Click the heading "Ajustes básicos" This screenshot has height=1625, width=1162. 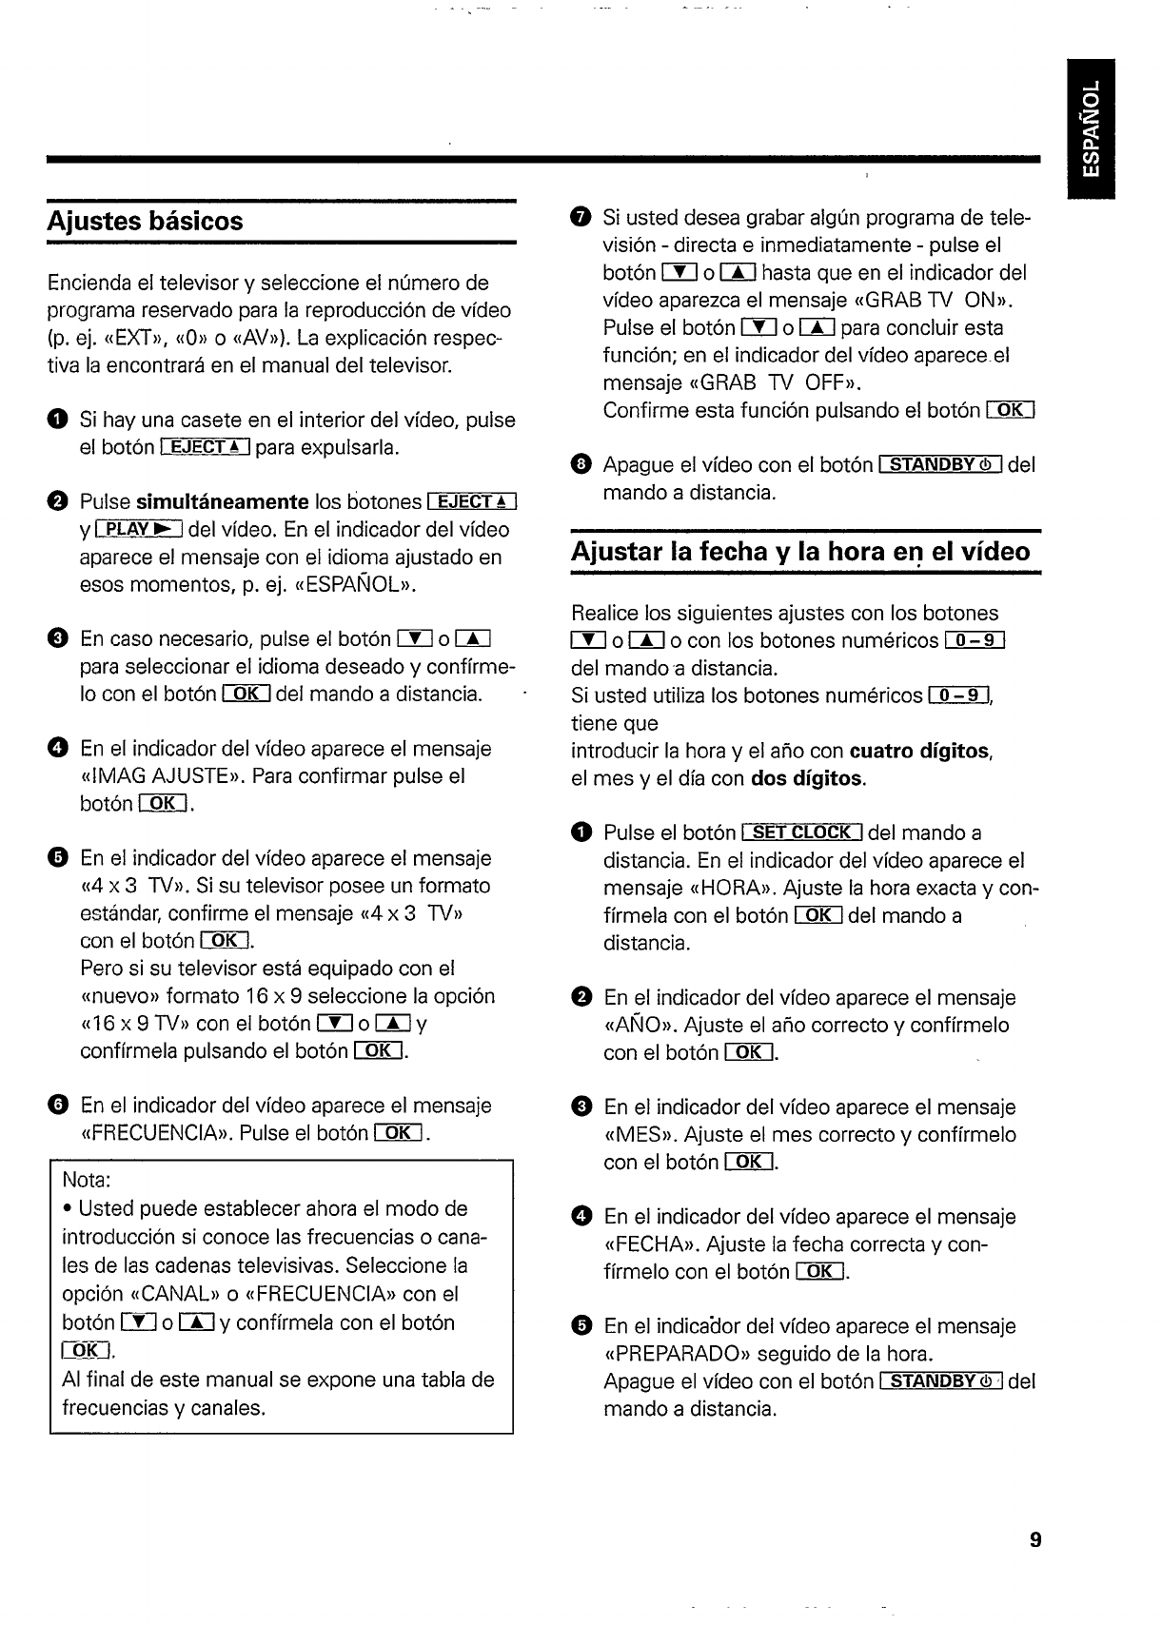[x=146, y=222]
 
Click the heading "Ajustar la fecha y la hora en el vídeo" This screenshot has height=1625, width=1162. [x=800, y=552]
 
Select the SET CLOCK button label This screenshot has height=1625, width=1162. [x=801, y=832]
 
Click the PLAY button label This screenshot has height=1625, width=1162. [x=139, y=529]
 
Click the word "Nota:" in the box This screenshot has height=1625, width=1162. [x=87, y=1180]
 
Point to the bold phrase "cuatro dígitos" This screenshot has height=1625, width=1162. [x=919, y=752]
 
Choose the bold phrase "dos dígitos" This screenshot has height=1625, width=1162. [x=807, y=779]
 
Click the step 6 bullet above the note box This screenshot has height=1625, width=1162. [x=59, y=1106]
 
